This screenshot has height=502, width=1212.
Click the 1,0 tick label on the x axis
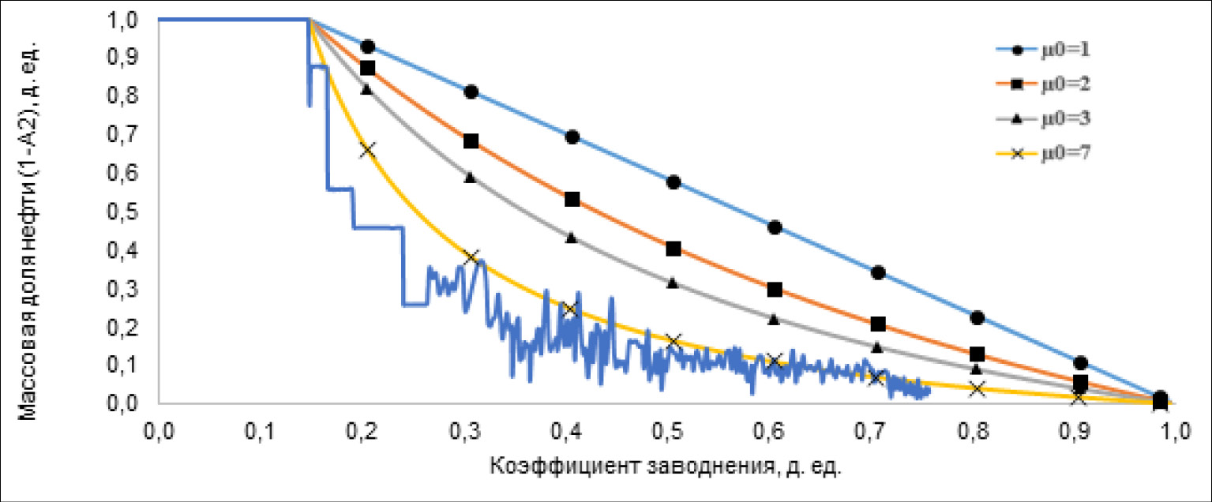pos(1158,433)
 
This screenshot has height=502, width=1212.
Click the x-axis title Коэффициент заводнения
pos(666,467)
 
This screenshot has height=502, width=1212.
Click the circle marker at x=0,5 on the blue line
pos(674,182)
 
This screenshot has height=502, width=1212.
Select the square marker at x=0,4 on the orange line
pos(572,200)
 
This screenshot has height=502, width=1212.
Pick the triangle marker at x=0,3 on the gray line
pos(471,178)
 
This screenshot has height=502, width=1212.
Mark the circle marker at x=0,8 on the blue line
pos(977,318)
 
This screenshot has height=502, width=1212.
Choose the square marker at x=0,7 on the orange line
pos(877,324)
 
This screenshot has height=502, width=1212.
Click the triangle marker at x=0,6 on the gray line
pos(775,320)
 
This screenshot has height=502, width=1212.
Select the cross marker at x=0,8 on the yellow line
pos(977,389)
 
